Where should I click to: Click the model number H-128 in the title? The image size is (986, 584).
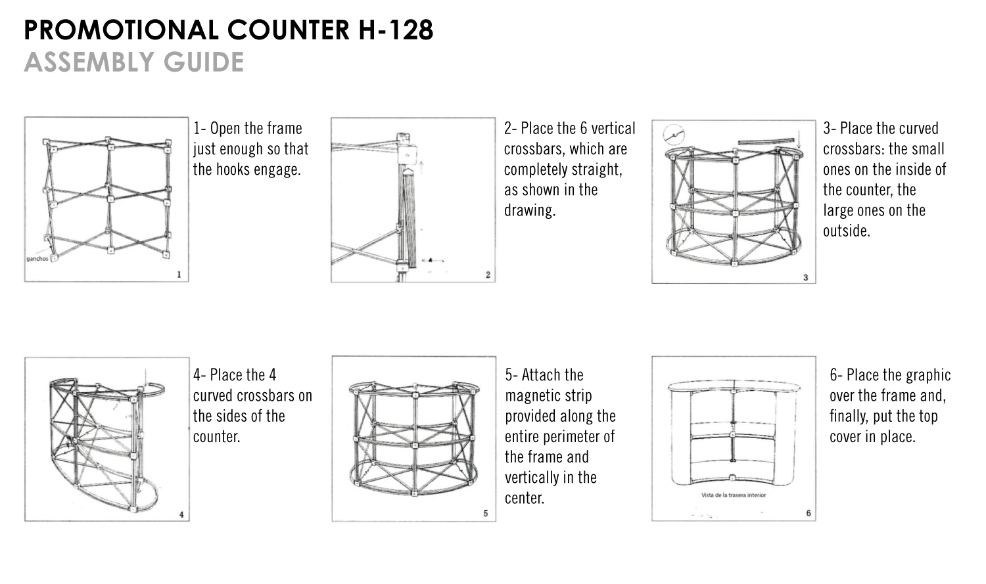tap(396, 30)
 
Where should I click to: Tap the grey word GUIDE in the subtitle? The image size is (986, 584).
tap(203, 62)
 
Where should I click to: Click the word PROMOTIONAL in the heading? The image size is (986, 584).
tap(121, 30)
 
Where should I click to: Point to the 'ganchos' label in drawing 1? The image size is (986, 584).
tap(37, 259)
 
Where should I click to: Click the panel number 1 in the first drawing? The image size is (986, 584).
tap(179, 275)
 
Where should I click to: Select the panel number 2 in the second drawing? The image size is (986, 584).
tap(488, 275)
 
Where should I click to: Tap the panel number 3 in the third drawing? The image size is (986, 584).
tap(805, 277)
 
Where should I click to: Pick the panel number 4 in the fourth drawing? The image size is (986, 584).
tap(181, 514)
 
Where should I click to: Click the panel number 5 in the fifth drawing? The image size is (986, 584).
tap(486, 513)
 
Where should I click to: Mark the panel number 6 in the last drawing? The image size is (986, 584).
tap(808, 513)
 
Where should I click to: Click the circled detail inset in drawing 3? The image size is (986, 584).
tap(674, 135)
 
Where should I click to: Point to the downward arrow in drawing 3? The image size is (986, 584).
tap(799, 139)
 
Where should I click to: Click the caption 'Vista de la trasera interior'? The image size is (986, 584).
tap(734, 495)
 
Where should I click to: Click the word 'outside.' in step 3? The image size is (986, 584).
tap(847, 231)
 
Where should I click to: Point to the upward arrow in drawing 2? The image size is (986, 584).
tap(421, 168)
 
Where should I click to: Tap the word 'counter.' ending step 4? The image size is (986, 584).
tap(216, 437)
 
